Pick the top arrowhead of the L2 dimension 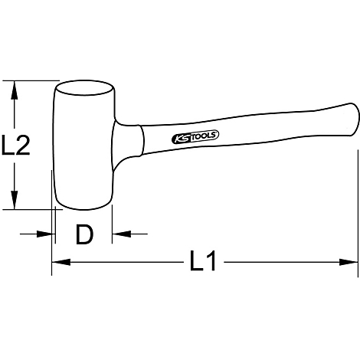click(x=13, y=87)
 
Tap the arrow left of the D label click(x=47, y=234)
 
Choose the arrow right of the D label click(x=119, y=234)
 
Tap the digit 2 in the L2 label click(x=23, y=145)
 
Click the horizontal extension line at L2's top click(x=31, y=80)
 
